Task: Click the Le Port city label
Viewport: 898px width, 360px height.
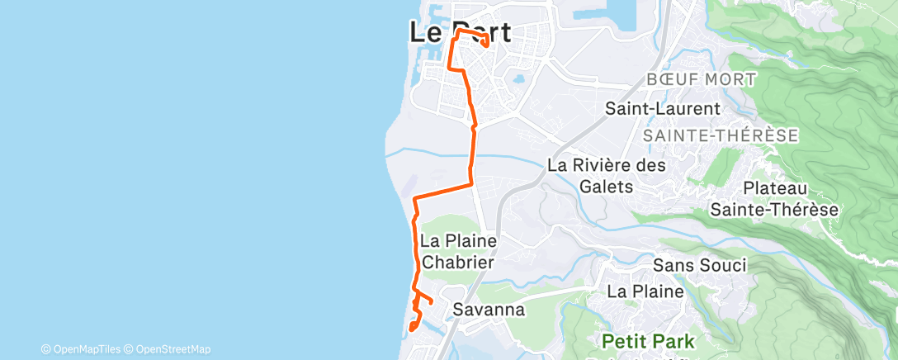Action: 460,32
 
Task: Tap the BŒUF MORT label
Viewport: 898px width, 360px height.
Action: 702,79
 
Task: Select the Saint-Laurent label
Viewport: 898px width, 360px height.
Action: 663,108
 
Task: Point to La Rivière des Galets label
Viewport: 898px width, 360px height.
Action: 606,175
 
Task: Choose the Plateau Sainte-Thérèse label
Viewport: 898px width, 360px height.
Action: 774,199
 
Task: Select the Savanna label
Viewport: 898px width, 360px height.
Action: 489,310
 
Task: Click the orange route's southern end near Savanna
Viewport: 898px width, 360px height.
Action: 410,331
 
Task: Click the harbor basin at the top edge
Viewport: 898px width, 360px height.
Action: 612,17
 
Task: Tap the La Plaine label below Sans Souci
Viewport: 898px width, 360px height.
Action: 645,291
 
